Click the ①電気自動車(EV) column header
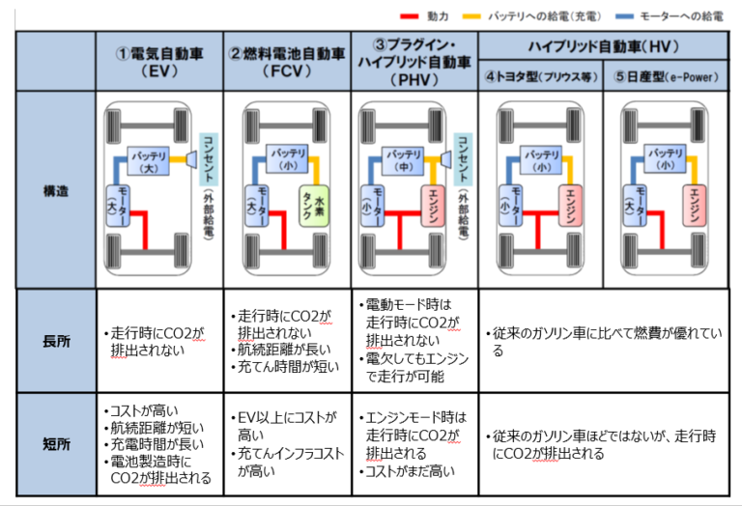tap(158, 61)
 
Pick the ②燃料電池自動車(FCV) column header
tap(286, 61)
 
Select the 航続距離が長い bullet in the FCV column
tap(279, 350)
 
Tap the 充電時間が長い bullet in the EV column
tap(155, 445)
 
